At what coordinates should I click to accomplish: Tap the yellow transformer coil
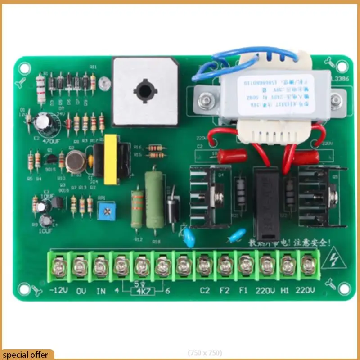tap(110, 159)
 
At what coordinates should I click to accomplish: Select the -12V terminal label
tap(58, 290)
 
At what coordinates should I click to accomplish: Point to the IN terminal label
tap(101, 290)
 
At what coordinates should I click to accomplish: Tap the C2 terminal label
tap(205, 290)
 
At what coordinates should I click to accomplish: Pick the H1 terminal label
tap(284, 290)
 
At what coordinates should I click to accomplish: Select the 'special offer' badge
tap(26, 355)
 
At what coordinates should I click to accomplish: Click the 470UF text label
tap(51, 140)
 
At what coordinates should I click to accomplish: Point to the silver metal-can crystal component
tap(75, 162)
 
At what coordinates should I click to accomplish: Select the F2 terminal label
tap(225, 290)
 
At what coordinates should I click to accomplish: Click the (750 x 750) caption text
tap(205, 353)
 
